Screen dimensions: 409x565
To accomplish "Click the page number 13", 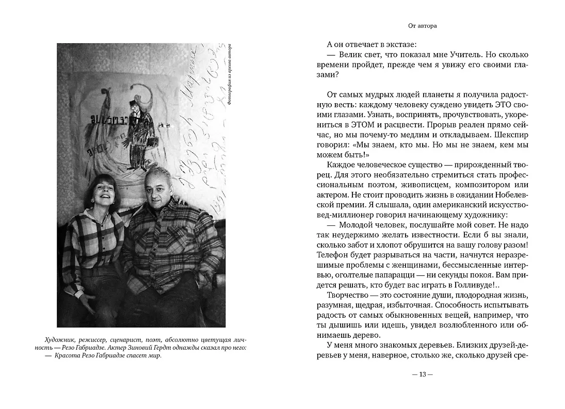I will coord(422,374).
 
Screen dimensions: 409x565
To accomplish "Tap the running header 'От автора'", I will coord(422,25).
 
